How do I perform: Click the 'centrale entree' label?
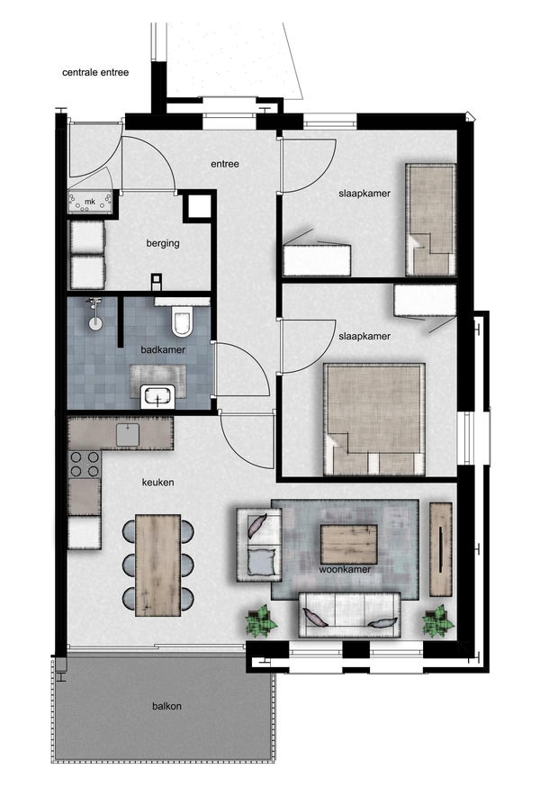point(95,72)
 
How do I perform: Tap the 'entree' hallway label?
point(225,164)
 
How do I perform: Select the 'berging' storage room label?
point(163,243)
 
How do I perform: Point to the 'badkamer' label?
point(163,349)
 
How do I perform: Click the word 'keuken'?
point(158,483)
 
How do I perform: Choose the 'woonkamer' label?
point(346,570)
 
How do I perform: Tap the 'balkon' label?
point(167,706)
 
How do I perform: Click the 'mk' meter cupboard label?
point(90,202)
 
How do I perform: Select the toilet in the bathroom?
point(182,321)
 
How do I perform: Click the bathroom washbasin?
point(158,396)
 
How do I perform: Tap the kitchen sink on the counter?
point(129,434)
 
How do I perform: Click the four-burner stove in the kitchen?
point(85,465)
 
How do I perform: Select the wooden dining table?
point(158,565)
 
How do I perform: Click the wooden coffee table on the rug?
point(349,544)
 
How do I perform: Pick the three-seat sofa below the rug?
point(349,615)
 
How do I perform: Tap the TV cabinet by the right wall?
point(441,549)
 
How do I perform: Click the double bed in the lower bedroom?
point(374,419)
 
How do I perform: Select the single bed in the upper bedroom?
point(430,220)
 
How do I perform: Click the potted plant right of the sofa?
point(437,621)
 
